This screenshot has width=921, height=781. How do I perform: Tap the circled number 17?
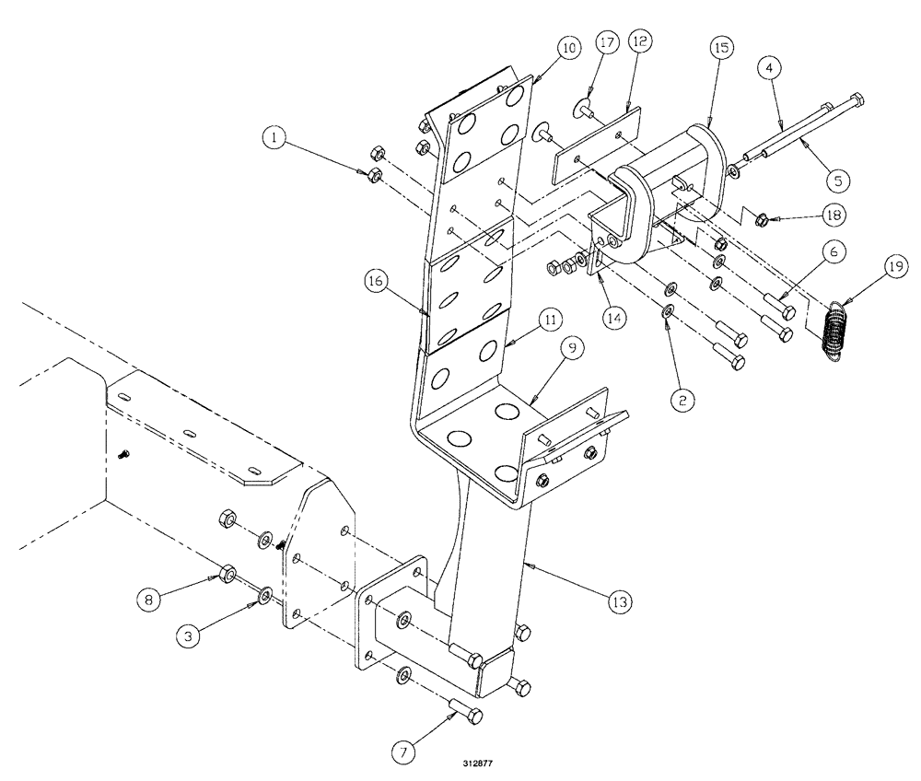[x=604, y=42]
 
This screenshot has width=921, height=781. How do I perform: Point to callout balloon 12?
[x=640, y=42]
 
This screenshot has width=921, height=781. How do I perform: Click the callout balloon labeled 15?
[x=719, y=49]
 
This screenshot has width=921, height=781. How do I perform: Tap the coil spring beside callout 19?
[x=834, y=328]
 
